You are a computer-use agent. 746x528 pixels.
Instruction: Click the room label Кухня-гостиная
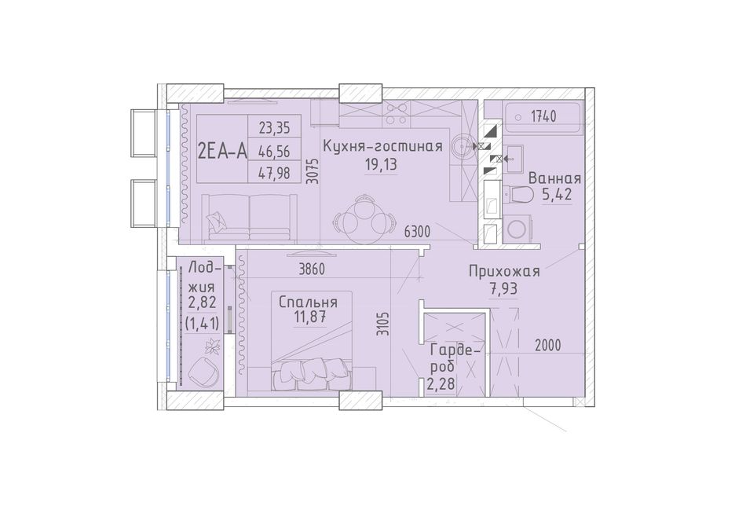pyautogui.click(x=382, y=147)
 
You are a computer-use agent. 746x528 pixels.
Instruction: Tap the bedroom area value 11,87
pyautogui.click(x=309, y=317)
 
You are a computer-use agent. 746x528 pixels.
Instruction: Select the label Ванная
pyautogui.click(x=554, y=178)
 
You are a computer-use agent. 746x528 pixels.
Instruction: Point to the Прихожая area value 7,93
pyautogui.click(x=504, y=288)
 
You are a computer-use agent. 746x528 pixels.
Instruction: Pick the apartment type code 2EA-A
pyautogui.click(x=222, y=152)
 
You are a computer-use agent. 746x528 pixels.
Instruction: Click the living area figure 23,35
pyautogui.click(x=274, y=128)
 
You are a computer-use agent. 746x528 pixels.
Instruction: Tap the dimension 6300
pyautogui.click(x=417, y=233)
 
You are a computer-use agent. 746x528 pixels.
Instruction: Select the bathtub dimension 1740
pyautogui.click(x=543, y=116)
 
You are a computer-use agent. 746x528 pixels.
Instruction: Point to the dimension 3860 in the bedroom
pyautogui.click(x=312, y=269)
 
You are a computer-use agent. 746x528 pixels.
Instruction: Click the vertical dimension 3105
pyautogui.click(x=382, y=324)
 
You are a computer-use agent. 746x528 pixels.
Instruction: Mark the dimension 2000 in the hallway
pyautogui.click(x=547, y=345)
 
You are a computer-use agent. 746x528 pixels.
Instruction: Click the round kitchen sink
pyautogui.click(x=461, y=146)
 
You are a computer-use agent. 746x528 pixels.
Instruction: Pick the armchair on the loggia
pyautogui.click(x=204, y=370)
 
